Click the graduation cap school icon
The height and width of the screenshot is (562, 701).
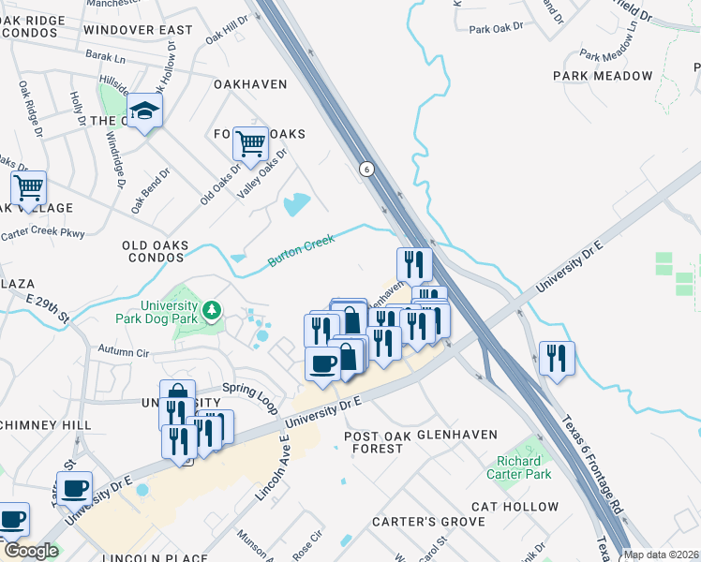[x=144, y=111]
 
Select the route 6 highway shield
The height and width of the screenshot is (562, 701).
[x=365, y=169]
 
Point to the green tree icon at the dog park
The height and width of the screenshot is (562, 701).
[x=213, y=310]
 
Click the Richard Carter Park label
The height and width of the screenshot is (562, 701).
[x=518, y=468]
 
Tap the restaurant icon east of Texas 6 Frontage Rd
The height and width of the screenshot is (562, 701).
[x=557, y=359]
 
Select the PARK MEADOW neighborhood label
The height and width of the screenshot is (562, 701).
[x=603, y=76]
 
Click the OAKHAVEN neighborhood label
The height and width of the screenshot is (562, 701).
[x=250, y=84]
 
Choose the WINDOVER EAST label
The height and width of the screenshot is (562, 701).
[x=137, y=30]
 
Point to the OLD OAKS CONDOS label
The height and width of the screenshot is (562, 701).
[x=155, y=251]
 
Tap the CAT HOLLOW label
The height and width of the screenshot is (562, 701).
[x=515, y=507]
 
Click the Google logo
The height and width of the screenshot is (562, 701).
[x=30, y=551]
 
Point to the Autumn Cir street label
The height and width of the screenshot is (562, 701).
[x=124, y=354]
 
